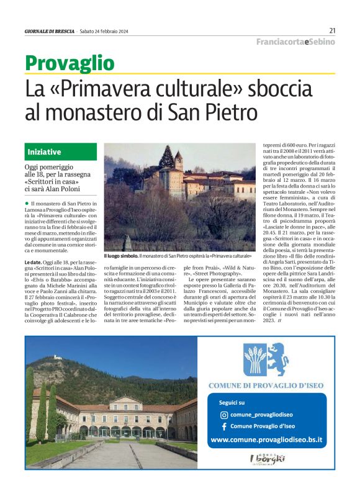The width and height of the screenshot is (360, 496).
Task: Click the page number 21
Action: (332, 30)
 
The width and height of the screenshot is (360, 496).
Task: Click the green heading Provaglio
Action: (70, 63)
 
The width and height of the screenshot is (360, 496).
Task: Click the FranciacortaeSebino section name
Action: (295, 42)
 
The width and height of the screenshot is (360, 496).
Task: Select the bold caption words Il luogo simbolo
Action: (120, 256)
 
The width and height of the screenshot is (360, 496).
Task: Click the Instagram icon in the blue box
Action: (224, 415)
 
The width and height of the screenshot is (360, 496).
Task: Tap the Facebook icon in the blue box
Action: (224, 426)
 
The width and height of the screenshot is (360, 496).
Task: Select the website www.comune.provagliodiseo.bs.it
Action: (267, 440)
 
